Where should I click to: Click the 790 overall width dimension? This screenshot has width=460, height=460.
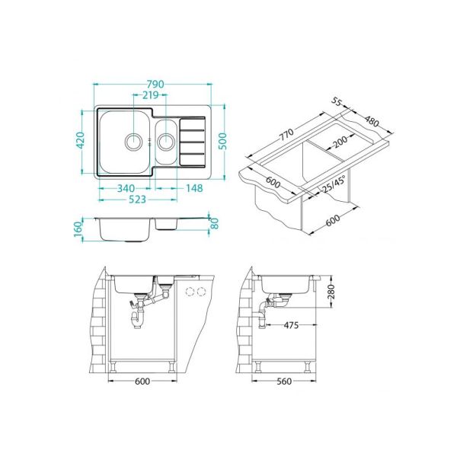click(155, 84)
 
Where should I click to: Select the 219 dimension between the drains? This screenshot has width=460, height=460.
click(149, 95)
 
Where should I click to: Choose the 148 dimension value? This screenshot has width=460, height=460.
click(193, 188)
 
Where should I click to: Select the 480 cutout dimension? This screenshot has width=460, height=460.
click(372, 121)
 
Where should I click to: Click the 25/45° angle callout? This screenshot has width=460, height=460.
click(333, 183)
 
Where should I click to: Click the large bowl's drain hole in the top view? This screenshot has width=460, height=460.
click(133, 141)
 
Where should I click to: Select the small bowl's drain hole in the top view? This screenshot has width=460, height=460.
click(166, 140)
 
